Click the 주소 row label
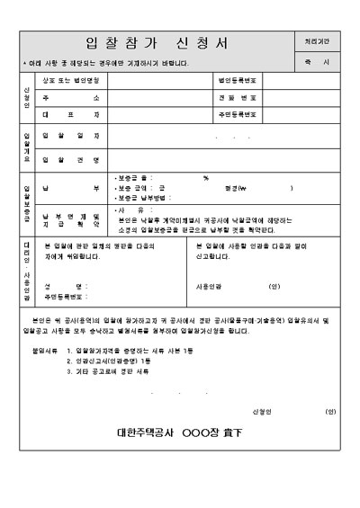click(x=72, y=97)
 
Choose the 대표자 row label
click(x=72, y=115)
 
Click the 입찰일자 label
click(x=72, y=138)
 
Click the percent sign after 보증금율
click(x=206, y=178)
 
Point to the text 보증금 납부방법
click(x=144, y=197)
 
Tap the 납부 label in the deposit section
click(x=72, y=187)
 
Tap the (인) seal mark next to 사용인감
click(x=274, y=286)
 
